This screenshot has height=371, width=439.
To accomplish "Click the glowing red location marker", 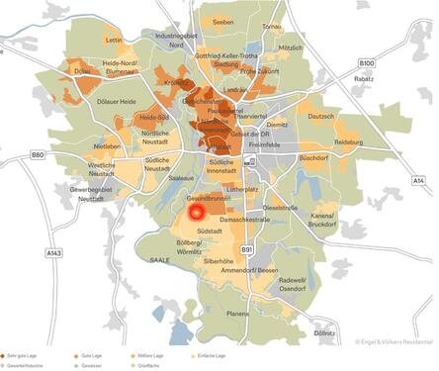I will click(196, 211).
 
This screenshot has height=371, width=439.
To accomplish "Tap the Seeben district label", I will click(223, 21).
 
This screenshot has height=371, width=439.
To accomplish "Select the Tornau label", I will click(272, 26).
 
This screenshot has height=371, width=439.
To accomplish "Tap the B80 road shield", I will click(38, 155).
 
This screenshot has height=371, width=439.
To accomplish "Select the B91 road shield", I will click(246, 249).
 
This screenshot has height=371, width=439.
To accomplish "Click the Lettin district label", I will click(113, 41).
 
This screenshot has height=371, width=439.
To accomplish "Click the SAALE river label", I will click(160, 260).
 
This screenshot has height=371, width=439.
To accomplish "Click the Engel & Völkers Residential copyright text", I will click(393, 342).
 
